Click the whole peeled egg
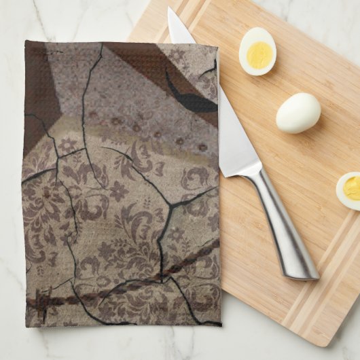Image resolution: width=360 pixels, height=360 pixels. (x=298, y=113)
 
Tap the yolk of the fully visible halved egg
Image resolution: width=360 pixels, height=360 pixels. (x=257, y=54)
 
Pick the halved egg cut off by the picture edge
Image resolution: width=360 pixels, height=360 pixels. (x=348, y=190)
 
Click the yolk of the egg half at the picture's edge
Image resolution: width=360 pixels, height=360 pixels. (x=353, y=188)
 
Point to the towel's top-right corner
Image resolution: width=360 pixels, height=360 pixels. (x=217, y=49)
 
